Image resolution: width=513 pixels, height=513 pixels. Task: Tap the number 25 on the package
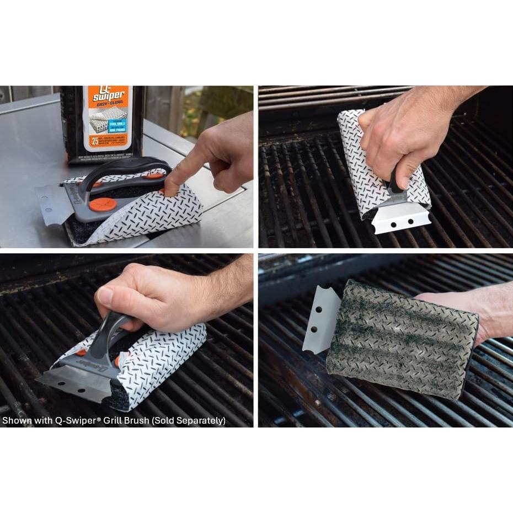pos(95,141)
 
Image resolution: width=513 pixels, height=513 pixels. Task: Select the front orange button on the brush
pos(103,204)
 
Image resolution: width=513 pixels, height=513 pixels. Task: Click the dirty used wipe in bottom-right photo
pos(403,339)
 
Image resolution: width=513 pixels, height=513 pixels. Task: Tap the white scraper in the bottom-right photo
pos(321,320)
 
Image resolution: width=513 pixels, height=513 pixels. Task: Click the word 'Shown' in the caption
pos(15,421)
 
